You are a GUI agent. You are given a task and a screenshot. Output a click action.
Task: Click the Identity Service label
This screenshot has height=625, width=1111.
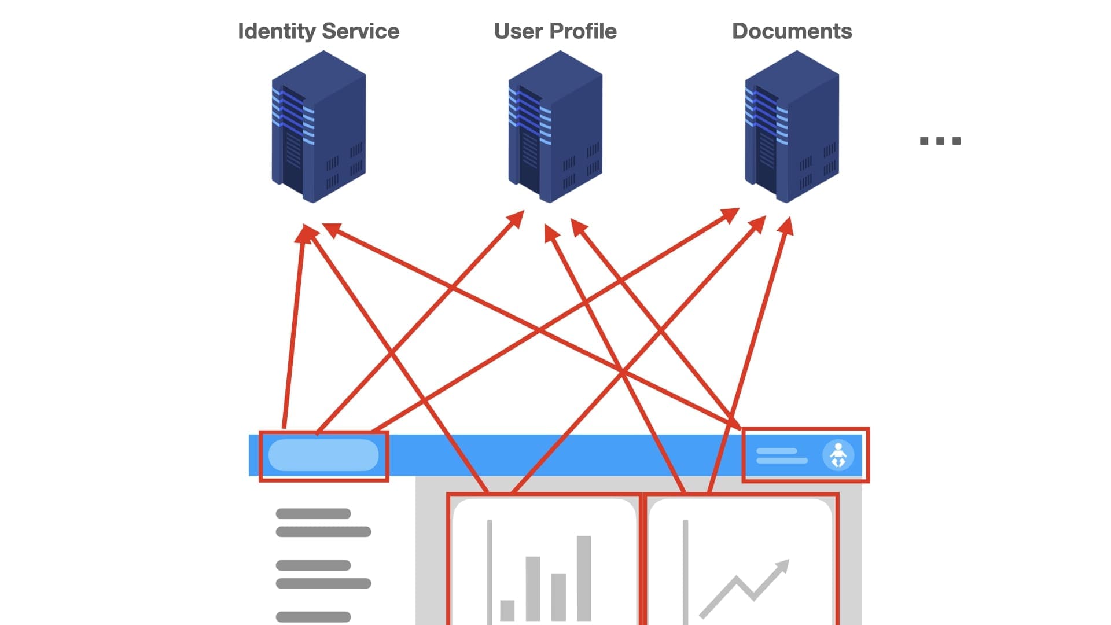click(318, 31)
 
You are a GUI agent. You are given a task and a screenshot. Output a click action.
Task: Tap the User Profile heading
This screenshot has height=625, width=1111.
click(555, 31)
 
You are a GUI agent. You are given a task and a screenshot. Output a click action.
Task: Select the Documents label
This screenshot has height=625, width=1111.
click(792, 31)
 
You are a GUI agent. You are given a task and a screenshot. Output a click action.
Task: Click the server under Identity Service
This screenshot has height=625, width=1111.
click(318, 127)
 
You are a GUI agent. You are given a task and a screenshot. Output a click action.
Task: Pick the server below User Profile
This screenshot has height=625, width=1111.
click(555, 127)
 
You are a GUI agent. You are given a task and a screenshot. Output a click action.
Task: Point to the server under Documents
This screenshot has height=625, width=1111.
click(792, 127)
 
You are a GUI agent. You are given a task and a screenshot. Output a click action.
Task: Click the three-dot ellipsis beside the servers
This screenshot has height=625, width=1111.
click(940, 141)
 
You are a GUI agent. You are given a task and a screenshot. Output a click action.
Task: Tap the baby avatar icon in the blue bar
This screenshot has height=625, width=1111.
click(838, 455)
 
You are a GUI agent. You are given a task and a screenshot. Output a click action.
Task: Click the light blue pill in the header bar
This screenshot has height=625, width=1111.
click(323, 455)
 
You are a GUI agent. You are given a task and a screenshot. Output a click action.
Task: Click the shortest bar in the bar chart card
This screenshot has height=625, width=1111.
click(507, 610)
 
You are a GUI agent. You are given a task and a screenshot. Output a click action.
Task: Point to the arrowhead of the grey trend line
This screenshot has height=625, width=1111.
click(782, 565)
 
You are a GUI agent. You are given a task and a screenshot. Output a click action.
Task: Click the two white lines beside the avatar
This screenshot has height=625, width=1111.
click(781, 455)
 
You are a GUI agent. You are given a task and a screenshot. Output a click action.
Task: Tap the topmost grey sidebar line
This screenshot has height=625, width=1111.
click(313, 513)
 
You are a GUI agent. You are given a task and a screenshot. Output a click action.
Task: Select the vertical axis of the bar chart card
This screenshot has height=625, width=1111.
click(490, 570)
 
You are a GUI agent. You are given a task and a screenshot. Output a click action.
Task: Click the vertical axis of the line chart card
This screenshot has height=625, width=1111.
click(685, 570)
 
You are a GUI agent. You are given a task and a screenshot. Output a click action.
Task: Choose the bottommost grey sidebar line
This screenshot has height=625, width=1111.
click(313, 617)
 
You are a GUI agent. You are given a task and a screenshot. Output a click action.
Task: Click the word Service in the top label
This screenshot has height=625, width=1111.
click(360, 31)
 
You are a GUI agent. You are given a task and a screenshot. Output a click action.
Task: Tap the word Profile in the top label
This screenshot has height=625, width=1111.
click(583, 31)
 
